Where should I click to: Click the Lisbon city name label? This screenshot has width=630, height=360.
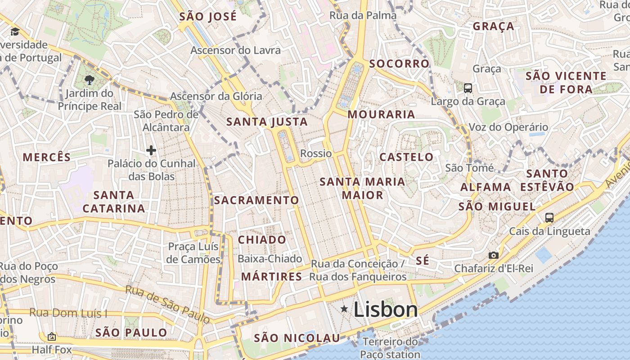386,310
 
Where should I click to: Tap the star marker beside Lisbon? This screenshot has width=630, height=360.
344,309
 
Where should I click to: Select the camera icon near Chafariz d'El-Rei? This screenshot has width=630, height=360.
494,255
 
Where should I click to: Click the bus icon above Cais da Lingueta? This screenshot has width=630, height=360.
549,218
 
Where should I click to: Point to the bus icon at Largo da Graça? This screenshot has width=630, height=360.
468,88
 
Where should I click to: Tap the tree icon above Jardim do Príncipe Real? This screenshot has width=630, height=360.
89,80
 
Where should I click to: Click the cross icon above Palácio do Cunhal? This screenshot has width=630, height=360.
151,150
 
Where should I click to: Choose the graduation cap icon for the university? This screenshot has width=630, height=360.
15,31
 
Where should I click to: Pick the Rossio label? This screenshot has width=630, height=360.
316,153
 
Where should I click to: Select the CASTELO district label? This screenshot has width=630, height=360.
406,157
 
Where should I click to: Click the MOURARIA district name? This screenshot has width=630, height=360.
381,114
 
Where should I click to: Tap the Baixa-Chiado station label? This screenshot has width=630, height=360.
270,259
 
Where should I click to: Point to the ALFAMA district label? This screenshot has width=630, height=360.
486,187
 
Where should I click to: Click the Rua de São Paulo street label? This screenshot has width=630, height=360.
167,304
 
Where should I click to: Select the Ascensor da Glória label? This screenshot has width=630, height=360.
216,96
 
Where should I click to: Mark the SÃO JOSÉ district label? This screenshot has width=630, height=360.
207,17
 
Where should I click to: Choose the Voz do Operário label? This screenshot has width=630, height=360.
508,127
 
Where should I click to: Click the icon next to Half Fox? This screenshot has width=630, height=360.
52,337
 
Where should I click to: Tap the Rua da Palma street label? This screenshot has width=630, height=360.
363,15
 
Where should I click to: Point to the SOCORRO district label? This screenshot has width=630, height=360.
399,63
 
